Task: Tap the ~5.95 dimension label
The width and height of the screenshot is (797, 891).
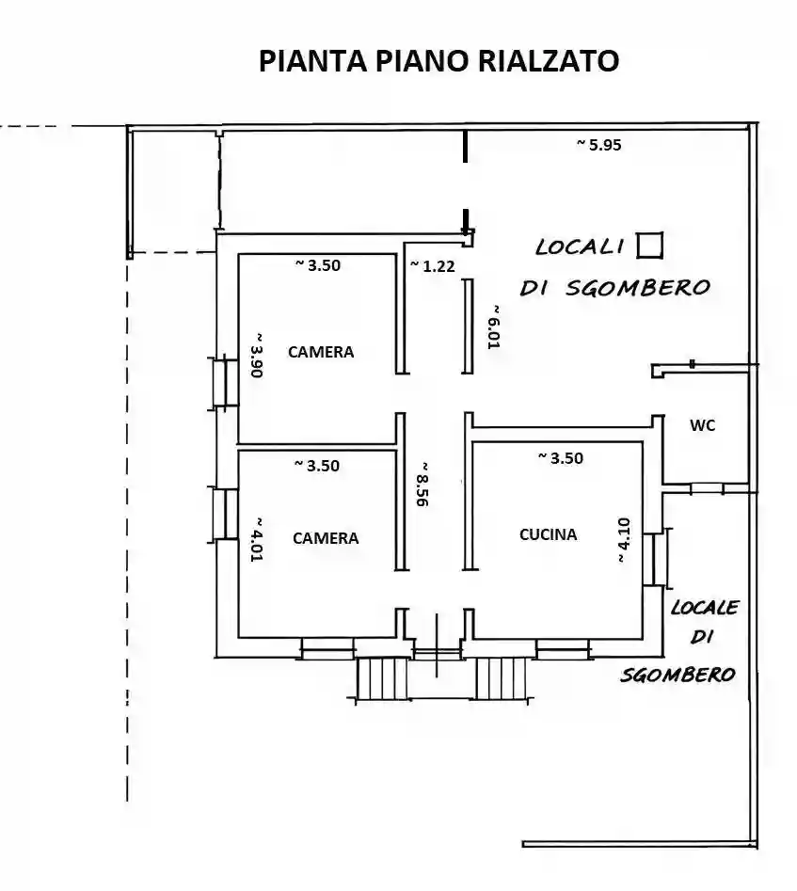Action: [598, 145]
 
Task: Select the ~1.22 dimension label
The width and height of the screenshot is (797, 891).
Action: [433, 266]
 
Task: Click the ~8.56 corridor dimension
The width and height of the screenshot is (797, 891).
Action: [423, 485]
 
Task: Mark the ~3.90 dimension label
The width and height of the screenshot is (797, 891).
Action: [255, 355]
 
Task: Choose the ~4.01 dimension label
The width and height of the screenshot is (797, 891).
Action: [255, 539]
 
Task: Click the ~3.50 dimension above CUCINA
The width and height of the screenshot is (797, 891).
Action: [560, 458]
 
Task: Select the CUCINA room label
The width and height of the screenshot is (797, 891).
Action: [548, 534]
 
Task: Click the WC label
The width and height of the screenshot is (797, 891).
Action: [702, 425]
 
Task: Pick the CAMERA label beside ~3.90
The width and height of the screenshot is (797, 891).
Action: [321, 352]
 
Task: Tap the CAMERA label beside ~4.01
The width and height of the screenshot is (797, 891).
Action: [326, 538]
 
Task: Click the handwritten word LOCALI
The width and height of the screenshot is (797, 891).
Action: [580, 247]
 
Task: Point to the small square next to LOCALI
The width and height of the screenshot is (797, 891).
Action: [649, 245]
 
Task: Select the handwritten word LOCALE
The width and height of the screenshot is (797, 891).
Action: [704, 608]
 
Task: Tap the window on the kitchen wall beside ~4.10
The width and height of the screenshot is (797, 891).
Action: [659, 557]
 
